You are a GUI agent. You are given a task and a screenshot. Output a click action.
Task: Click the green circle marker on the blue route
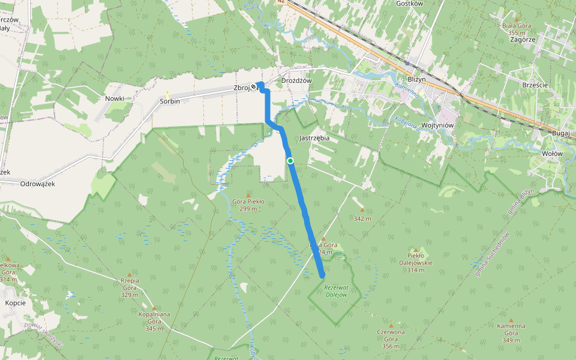tap(290, 160)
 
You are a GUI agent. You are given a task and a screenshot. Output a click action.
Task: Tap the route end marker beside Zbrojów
tap(254, 88)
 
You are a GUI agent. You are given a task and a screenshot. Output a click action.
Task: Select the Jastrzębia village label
tap(314, 137)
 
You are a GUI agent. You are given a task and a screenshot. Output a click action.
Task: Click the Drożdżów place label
tap(297, 80)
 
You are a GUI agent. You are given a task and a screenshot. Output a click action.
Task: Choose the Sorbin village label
tap(170, 101)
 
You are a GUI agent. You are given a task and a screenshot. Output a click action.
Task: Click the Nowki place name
tap(114, 98)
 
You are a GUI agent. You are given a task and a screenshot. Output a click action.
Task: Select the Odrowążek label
tap(37, 184)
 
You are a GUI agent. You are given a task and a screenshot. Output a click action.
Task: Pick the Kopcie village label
tap(15, 302)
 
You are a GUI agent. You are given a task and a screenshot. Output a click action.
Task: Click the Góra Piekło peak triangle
tap(248, 195)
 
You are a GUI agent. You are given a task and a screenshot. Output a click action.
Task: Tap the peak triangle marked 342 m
tap(362, 211)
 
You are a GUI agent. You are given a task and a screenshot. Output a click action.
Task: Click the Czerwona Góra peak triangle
tap(391, 326)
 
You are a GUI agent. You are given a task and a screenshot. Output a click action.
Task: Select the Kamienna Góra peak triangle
tap(511, 320)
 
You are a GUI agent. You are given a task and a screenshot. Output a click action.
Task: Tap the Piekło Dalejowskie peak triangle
tap(416, 249)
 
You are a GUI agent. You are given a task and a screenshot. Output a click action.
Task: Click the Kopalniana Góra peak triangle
tap(154, 308)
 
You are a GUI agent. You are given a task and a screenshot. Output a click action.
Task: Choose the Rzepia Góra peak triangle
tap(129, 275)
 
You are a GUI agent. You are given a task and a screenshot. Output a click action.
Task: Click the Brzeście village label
tap(535, 85)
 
